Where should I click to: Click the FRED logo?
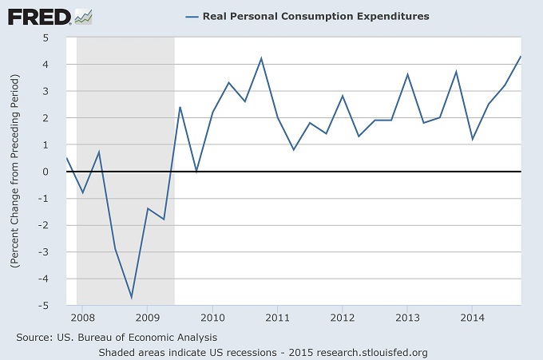pos(38,15)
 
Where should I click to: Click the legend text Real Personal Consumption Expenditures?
pos(316,16)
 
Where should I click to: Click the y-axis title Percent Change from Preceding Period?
pos(14,172)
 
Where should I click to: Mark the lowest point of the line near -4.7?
pos(131,297)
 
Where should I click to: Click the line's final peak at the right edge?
pos(521,57)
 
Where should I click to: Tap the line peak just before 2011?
pos(261,58)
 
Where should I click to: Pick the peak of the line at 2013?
pos(407,74)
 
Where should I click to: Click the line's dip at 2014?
pos(472,139)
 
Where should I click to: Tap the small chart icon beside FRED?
pos(83,15)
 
